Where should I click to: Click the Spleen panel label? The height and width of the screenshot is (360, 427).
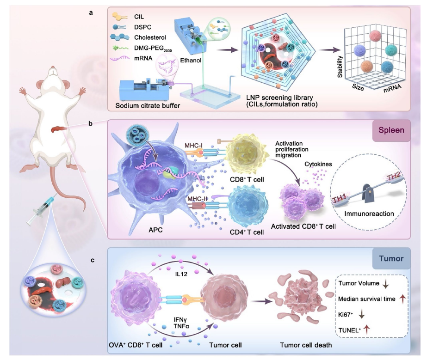[x=391, y=130]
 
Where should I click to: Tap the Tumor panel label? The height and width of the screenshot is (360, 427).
[x=391, y=258]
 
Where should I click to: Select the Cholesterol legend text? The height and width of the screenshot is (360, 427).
[x=150, y=37]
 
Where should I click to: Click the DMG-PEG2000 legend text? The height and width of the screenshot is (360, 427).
[x=153, y=48]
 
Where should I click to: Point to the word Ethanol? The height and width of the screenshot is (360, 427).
[x=191, y=60]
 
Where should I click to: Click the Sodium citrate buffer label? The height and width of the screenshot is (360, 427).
[x=148, y=105]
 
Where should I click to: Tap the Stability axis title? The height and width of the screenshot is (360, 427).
[x=340, y=67]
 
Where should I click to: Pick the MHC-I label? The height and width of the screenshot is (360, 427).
[x=193, y=146]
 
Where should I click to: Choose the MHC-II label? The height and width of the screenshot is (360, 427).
[x=197, y=199]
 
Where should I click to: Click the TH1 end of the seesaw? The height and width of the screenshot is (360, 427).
[x=339, y=200]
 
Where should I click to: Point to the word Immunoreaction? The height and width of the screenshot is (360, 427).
[x=369, y=214]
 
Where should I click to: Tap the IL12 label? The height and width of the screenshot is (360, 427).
[x=181, y=274]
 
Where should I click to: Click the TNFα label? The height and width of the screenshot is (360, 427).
[x=181, y=325]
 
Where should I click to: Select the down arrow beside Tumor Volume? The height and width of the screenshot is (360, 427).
[x=386, y=284]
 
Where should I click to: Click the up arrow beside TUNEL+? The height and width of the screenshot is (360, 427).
[x=366, y=329]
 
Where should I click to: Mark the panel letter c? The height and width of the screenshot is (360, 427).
[x=93, y=260]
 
